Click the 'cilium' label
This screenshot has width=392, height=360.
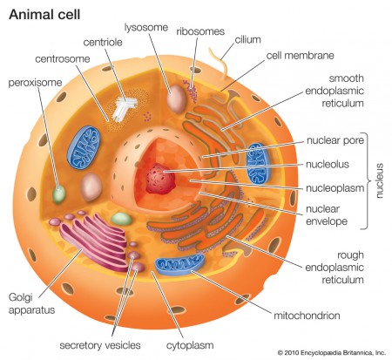point(247,40)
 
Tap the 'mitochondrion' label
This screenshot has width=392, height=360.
point(307,314)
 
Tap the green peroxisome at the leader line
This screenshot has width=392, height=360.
point(58,194)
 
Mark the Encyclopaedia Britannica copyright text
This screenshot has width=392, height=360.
point(331,352)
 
